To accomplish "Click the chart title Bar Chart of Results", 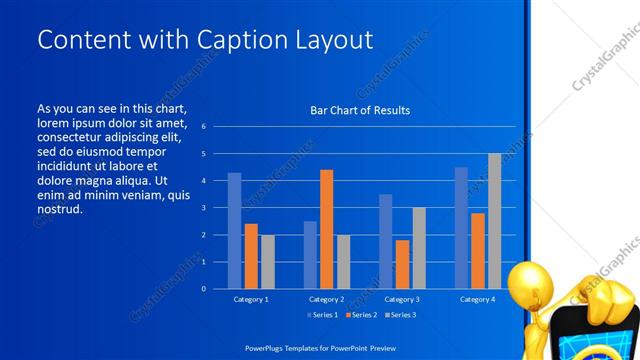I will pyautogui.click(x=359, y=110).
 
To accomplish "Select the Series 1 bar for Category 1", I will pyautogui.click(x=234, y=231).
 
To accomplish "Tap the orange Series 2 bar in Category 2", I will pyautogui.click(x=326, y=229).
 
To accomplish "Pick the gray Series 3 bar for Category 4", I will pyautogui.click(x=494, y=221).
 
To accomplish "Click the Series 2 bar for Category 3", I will pyautogui.click(x=402, y=264).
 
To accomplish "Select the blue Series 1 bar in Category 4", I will pyautogui.click(x=461, y=228).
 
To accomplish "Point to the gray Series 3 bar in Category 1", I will pyautogui.click(x=267, y=261).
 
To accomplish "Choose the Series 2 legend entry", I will pyautogui.click(x=360, y=315).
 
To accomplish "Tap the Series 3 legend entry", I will pyautogui.click(x=399, y=315).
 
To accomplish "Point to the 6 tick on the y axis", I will pyautogui.click(x=203, y=127).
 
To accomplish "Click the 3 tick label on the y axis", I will pyautogui.click(x=203, y=208).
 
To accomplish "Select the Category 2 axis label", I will pyautogui.click(x=326, y=299).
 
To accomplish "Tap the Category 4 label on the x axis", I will pyautogui.click(x=477, y=299).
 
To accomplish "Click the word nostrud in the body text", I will pyautogui.click(x=59, y=210).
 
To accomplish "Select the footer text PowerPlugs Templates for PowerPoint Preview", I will pyautogui.click(x=320, y=346).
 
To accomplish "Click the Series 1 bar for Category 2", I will pyautogui.click(x=310, y=254).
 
